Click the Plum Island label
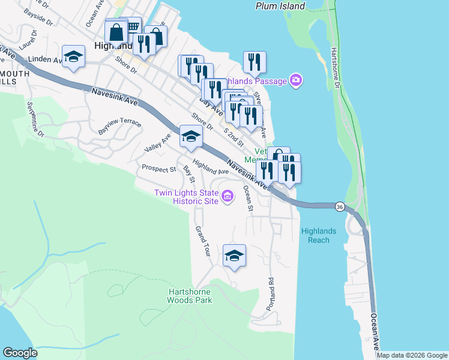(280, 6)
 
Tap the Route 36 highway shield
(340, 206)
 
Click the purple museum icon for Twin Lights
(228, 196)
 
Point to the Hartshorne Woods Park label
(189, 296)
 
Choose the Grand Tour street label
(201, 242)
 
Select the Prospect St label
(158, 169)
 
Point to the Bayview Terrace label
(119, 127)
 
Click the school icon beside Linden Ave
(74, 56)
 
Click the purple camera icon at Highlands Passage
(295, 80)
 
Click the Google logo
(20, 353)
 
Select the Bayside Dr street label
(42, 15)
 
